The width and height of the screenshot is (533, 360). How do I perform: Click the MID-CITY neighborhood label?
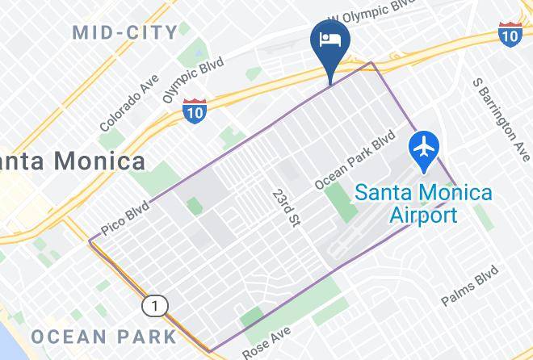124,32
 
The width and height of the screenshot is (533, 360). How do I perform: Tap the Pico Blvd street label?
126,217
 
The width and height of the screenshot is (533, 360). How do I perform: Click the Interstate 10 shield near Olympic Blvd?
195,109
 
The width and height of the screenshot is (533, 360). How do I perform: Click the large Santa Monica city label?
73,160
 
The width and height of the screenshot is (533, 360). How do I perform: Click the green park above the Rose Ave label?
252,317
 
